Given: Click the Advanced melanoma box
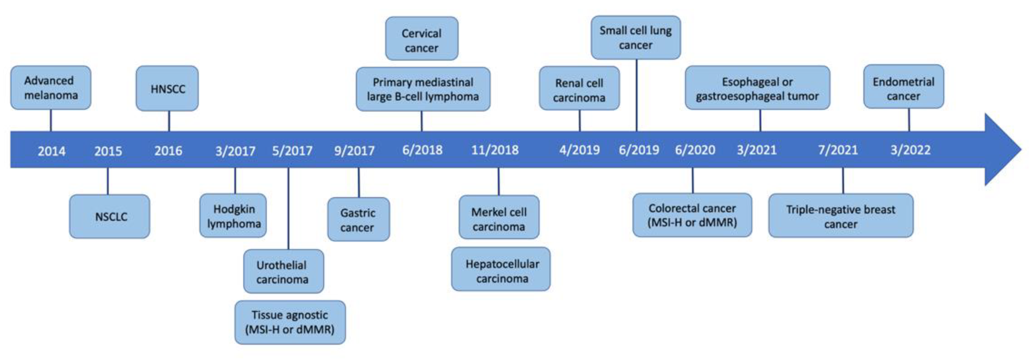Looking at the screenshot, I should [51, 88].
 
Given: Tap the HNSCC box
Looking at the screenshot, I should [167, 89].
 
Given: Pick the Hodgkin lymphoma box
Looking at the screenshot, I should [233, 216].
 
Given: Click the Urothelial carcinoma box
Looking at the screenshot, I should [283, 271].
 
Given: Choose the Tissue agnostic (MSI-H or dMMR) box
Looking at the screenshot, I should [290, 322].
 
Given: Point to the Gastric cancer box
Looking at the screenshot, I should [358, 219].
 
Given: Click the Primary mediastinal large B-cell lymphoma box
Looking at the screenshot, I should [423, 89].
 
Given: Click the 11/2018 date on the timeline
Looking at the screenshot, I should [495, 150].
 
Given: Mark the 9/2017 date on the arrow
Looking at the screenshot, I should [354, 151].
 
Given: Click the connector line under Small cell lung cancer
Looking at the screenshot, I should [637, 95].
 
